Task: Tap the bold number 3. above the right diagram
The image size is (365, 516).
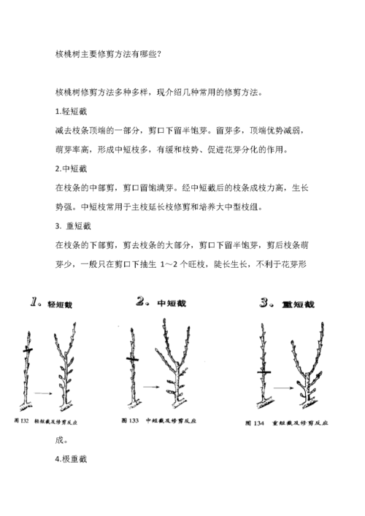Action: (x=266, y=302)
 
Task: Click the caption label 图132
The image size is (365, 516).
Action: (x=22, y=421)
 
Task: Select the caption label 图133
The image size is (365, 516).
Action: (x=128, y=420)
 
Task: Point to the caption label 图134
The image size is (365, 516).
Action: (x=255, y=423)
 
